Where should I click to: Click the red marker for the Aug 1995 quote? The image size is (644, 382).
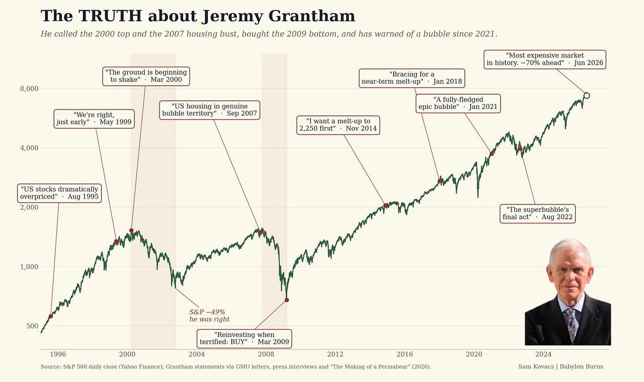[x=51, y=316]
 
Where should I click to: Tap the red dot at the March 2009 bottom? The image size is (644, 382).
[x=287, y=300]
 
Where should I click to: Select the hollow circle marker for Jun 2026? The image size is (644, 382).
[x=587, y=95]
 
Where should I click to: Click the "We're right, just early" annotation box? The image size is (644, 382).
[x=94, y=118]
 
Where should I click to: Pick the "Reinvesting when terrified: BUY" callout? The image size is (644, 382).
[x=244, y=339]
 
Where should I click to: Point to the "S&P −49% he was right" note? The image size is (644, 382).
[x=209, y=316]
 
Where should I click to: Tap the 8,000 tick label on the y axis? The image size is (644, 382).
[x=29, y=88]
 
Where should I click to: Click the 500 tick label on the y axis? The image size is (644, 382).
[x=32, y=326]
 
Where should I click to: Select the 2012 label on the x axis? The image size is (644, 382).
[x=335, y=354]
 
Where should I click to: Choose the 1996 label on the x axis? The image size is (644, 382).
[x=58, y=354]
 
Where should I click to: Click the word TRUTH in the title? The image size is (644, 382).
[x=110, y=16]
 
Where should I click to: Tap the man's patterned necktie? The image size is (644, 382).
[x=571, y=325]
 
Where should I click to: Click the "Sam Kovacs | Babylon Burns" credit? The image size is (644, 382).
[x=561, y=367]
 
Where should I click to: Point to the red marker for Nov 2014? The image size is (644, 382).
[x=386, y=206]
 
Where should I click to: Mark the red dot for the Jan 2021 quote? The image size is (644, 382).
[x=492, y=154]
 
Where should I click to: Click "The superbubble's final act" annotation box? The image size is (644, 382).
[x=538, y=214]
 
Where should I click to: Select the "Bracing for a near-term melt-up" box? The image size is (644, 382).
[x=412, y=78]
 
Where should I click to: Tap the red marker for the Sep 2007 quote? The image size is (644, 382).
[x=261, y=232]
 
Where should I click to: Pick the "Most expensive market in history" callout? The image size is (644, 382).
[x=545, y=59]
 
